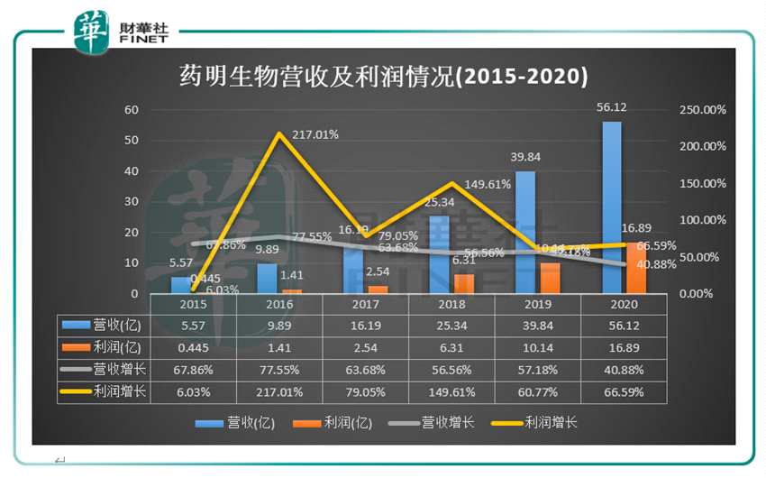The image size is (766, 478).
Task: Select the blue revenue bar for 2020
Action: pyautogui.click(x=612, y=207)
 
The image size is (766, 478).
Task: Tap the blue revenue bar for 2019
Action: pyautogui.click(x=525, y=232)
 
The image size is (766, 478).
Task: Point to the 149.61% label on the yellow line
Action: pyautogui.click(x=488, y=184)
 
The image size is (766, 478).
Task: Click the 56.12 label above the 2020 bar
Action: pyautogui.click(x=612, y=107)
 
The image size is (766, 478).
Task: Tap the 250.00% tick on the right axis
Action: pyautogui.click(x=701, y=110)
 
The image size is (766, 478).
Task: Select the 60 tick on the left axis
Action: pyautogui.click(x=132, y=110)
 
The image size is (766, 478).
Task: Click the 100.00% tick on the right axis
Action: pyautogui.click(x=701, y=220)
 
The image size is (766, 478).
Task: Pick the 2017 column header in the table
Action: pyautogui.click(x=365, y=305)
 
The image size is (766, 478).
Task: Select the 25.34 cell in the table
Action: pyautogui.click(x=451, y=325)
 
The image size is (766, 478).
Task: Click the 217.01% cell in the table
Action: pyautogui.click(x=278, y=391)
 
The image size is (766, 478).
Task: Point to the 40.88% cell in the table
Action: pyautogui.click(x=624, y=369)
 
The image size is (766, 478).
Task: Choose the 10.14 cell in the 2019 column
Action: pyautogui.click(x=538, y=347)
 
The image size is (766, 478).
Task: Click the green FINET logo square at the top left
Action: pyautogui.click(x=92, y=32)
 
